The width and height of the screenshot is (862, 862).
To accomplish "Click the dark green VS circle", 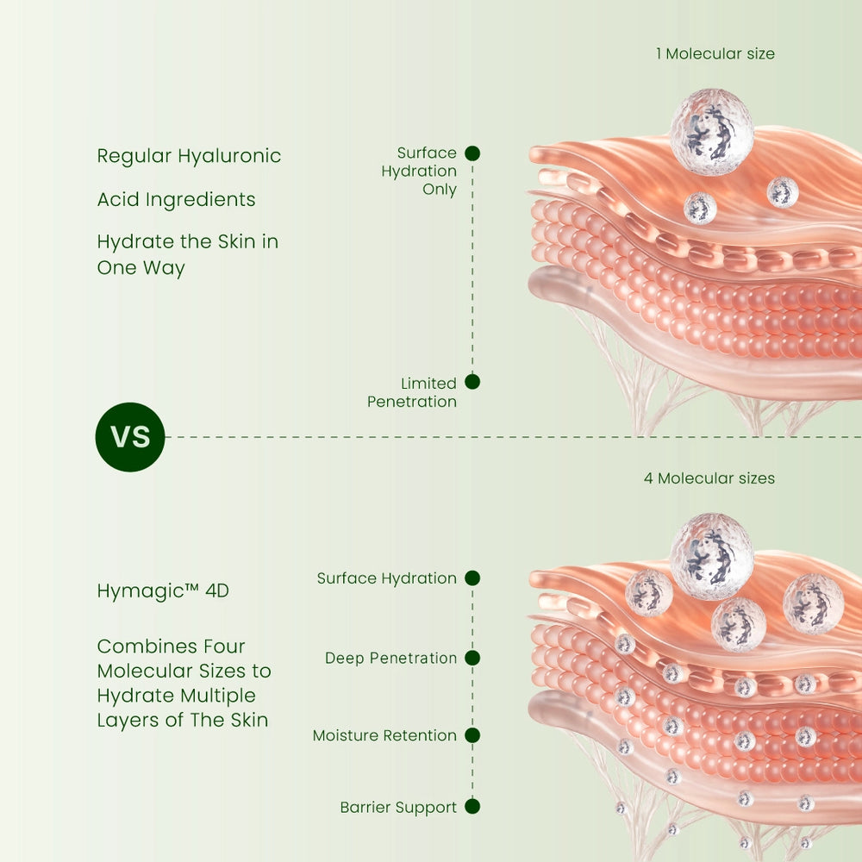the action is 130,437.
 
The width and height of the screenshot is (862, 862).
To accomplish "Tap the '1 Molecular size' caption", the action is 715,53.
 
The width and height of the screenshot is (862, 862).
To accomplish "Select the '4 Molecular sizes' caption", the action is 709,478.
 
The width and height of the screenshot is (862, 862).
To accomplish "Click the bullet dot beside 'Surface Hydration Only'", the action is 472,153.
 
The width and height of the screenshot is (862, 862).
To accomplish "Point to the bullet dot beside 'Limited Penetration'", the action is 472,382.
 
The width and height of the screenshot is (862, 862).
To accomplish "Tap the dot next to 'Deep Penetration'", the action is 472,658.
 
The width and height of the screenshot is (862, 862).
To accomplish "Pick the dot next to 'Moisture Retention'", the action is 472,735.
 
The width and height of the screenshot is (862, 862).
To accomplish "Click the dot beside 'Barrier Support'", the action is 472,807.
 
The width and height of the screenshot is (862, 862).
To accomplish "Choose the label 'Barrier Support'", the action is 398,808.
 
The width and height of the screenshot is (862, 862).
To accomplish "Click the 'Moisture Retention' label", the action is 384,735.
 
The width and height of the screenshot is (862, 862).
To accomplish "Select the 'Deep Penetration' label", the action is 390,658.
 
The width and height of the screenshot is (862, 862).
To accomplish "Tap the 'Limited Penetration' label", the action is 412,392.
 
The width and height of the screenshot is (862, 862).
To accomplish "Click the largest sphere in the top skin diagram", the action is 712,132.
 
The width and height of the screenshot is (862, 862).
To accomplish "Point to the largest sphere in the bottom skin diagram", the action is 712,556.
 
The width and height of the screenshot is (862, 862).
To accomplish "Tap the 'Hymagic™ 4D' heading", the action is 163,591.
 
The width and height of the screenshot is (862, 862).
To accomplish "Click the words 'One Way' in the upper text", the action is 141,268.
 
